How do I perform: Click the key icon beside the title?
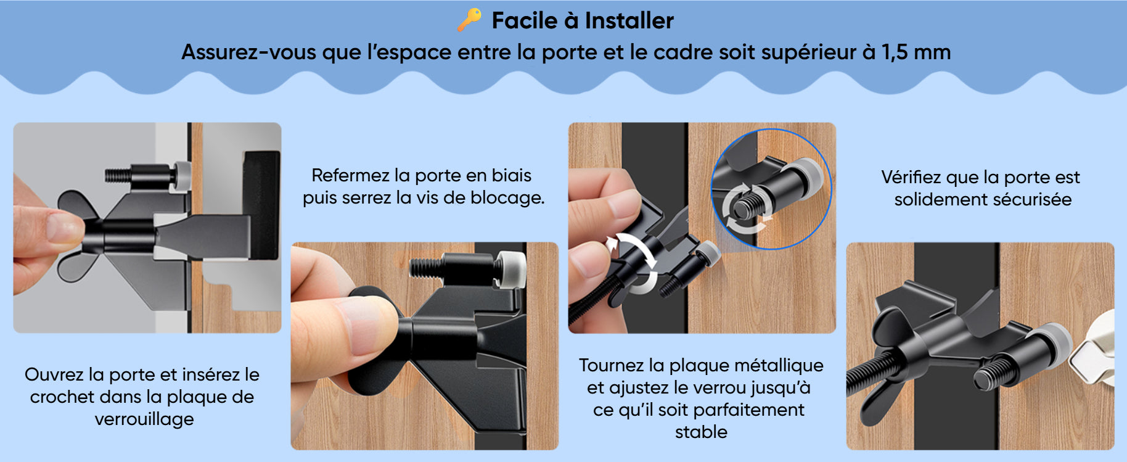(x=469, y=20)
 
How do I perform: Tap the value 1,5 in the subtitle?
(x=895, y=53)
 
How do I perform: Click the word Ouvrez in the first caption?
(x=54, y=374)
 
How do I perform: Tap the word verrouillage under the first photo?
(x=144, y=419)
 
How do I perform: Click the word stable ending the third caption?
(x=701, y=432)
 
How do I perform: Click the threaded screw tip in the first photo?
(x=118, y=175)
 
